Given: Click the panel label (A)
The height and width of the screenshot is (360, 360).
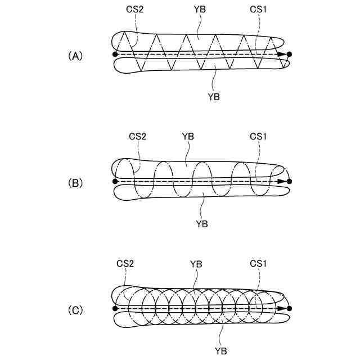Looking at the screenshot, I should [75, 56].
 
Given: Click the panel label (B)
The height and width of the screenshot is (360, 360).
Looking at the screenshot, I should [75, 183].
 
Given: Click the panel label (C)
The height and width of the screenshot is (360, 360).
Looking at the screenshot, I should [75, 309].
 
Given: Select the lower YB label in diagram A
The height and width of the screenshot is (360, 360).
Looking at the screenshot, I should [213, 97].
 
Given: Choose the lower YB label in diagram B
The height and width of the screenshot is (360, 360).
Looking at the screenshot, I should [202, 223].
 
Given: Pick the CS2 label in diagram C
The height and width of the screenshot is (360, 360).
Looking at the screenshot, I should [125, 263].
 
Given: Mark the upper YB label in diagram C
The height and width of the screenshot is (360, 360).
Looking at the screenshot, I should [196, 263].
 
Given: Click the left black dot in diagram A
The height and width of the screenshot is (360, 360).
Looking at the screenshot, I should [115, 55].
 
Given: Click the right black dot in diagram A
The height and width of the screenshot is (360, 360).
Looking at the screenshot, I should [289, 55].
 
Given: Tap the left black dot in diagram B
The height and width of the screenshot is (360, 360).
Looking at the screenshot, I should [115, 181].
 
